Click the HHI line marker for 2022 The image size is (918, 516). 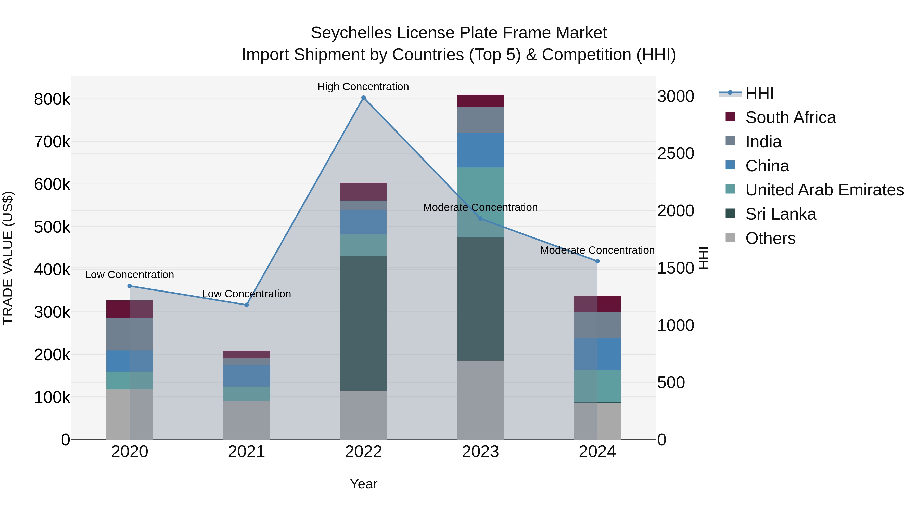[x=363, y=98]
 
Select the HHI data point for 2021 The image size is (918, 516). [x=246, y=305]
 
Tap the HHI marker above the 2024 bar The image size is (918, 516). [x=597, y=261]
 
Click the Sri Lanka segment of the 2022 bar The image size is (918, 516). [x=363, y=323]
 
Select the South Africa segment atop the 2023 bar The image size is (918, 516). [x=480, y=101]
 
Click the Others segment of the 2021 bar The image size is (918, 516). [x=246, y=420]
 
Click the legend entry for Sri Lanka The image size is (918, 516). [x=781, y=214]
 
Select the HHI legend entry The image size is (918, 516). [x=759, y=93]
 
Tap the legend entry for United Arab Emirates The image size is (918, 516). [x=824, y=190]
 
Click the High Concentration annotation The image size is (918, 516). [x=363, y=87]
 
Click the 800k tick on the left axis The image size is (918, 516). [x=52, y=99]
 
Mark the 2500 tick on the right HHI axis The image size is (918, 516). [x=675, y=153]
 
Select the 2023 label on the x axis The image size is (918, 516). [x=480, y=452]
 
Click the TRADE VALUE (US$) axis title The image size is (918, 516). [x=8, y=258]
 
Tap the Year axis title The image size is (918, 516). [x=363, y=484]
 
